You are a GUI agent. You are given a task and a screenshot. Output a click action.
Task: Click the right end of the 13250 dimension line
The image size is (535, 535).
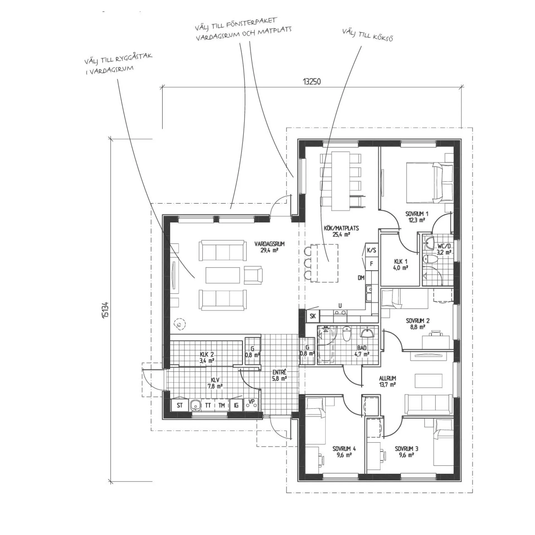pyautogui.click(x=462, y=87)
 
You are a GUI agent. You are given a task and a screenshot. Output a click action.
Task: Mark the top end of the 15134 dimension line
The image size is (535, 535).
pyautogui.click(x=111, y=138)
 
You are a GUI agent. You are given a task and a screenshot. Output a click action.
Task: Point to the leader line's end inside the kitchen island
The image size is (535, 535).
pyautogui.click(x=329, y=261)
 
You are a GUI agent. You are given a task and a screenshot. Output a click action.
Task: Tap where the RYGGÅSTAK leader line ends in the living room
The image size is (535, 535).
pyautogui.click(x=194, y=278)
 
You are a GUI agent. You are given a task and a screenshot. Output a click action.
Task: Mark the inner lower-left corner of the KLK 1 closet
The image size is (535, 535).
pyautogui.click(x=381, y=285)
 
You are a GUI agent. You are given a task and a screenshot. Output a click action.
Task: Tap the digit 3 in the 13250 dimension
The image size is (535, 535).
pyautogui.click(x=307, y=81)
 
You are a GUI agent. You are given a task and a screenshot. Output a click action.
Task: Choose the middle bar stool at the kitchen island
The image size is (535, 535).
pyautogui.click(x=308, y=263)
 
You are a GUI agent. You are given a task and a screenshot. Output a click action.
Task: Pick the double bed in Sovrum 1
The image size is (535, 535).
pyautogui.click(x=429, y=183)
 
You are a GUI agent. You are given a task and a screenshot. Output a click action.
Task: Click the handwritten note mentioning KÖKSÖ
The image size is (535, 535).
pyautogui.click(x=368, y=35)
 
